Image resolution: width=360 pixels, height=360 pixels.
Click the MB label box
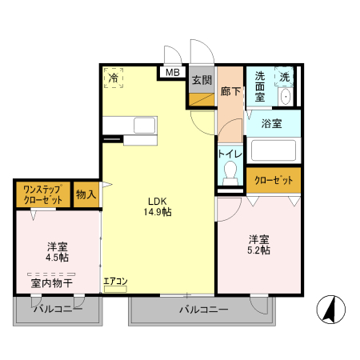point(172,73)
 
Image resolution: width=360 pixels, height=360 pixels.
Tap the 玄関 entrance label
point(201,80)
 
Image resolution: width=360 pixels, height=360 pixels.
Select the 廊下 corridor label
point(230,91)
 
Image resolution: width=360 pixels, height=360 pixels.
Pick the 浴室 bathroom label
point(272,123)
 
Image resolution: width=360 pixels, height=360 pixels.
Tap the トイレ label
point(230,152)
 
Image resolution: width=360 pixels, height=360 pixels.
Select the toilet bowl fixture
point(231,172)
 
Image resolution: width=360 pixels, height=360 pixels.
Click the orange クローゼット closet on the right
point(274,180)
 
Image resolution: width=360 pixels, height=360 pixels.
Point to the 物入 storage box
point(86,194)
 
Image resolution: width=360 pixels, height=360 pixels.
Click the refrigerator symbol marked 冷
point(114,78)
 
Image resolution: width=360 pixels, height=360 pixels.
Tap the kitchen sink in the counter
point(145,125)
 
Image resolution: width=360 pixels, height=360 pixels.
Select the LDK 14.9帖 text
point(158,206)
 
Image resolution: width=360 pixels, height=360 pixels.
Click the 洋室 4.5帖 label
point(57,252)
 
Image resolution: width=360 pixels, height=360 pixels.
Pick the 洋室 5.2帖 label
point(258,245)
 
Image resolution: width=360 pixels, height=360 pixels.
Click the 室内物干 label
point(52,282)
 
